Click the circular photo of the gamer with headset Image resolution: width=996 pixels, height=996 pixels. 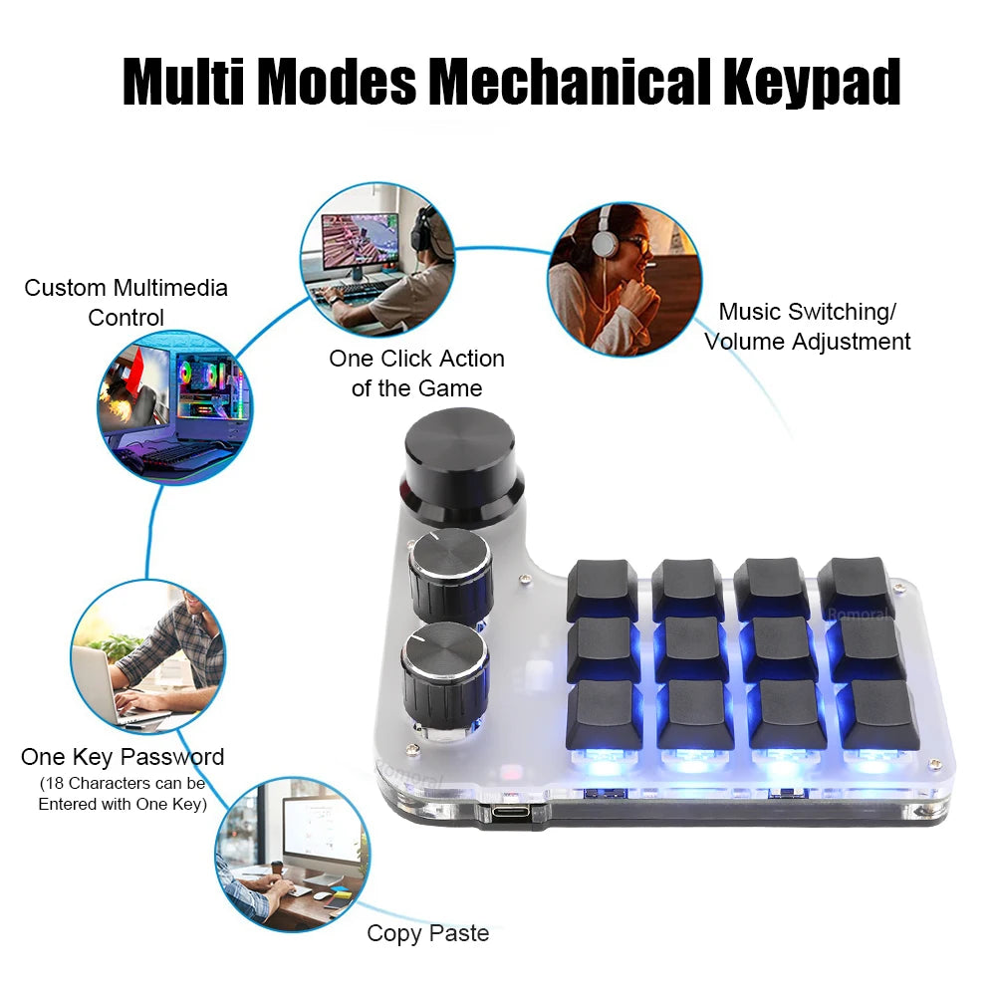(x=378, y=259)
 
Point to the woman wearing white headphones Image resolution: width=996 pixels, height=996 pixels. (x=624, y=279)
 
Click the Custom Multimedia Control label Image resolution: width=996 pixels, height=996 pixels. (x=126, y=303)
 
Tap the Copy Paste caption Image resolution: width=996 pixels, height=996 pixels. (x=428, y=933)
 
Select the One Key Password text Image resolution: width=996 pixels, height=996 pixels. (x=123, y=757)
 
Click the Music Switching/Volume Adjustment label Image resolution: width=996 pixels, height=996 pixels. (x=807, y=327)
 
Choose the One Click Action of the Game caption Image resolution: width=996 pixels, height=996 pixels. (x=416, y=373)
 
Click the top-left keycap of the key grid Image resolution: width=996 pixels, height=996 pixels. (x=602, y=588)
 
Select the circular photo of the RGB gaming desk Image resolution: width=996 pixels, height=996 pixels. (x=174, y=408)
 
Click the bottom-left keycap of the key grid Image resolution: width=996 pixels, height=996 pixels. (x=605, y=715)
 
